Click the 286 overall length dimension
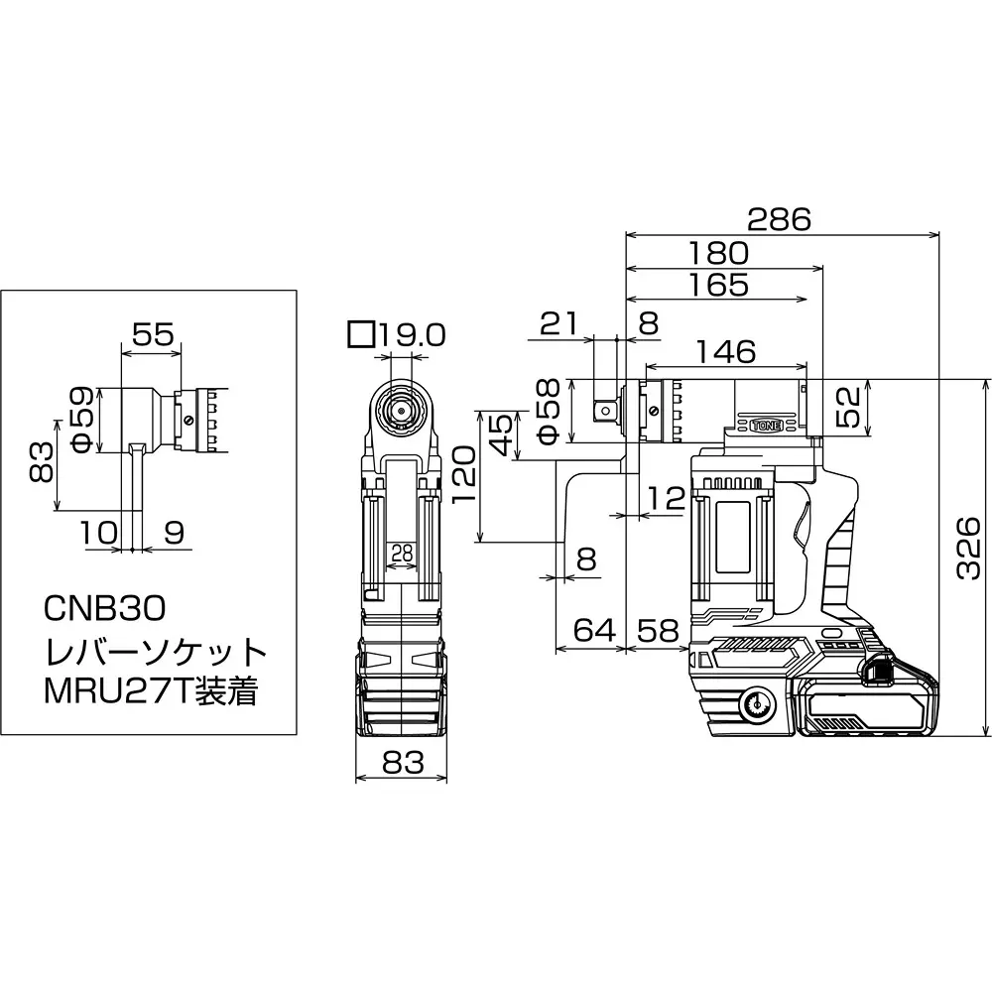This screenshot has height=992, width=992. pos(779,219)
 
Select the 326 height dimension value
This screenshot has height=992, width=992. pos(967,549)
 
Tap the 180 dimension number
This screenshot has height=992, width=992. pos(718,254)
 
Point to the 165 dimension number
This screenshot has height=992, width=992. pos(718,286)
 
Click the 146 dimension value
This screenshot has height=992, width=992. pos(726,352)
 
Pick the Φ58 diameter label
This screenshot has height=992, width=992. pos(548,412)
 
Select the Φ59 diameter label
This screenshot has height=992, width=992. pos(83,421)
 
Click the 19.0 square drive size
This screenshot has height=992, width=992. pos(413,335)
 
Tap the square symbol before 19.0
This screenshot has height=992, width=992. pos(361,334)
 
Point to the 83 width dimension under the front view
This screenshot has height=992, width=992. pos(403,763)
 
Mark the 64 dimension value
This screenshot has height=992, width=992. pos(594,630)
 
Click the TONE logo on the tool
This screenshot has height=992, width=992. pos(766,426)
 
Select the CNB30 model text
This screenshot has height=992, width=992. pos(105,609)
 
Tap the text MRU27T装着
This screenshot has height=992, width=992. pos(151,691)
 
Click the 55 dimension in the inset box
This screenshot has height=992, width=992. pos(153,334)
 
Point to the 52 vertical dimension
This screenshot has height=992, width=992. pos(849,407)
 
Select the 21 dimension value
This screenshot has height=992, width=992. pos(558,324)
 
